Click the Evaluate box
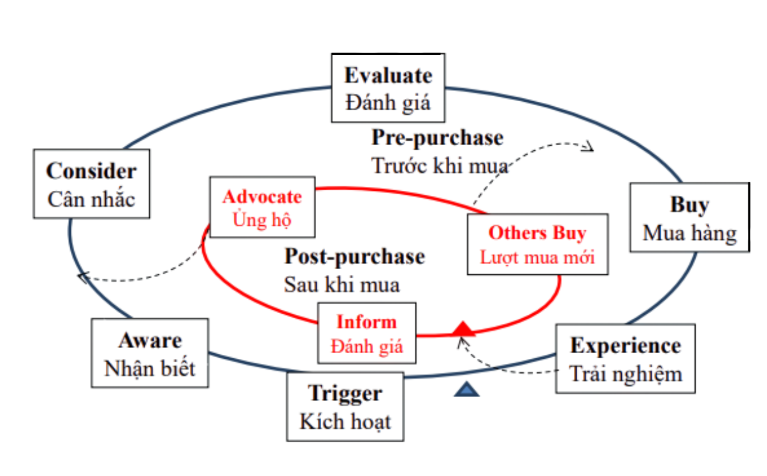point(388,88)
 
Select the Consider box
point(91,183)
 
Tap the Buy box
point(689,217)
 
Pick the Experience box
point(625,358)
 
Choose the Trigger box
point(345,406)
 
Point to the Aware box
point(150,353)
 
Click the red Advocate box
point(262,207)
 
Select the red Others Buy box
point(537,244)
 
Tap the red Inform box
point(366,333)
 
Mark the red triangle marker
point(463,329)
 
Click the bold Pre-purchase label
point(437,138)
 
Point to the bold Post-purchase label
point(354,257)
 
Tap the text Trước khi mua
point(440,166)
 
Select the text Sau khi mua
point(342,284)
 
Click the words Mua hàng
point(689,233)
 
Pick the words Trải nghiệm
point(626,373)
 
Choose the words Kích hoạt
point(345,422)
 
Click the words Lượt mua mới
point(537,257)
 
